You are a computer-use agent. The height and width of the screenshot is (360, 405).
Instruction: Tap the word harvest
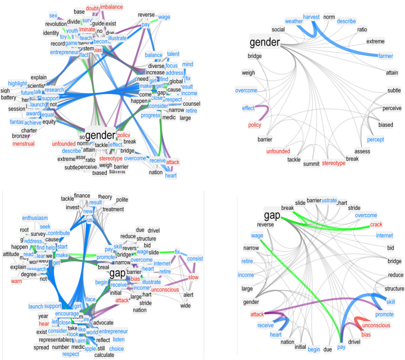point(311,17)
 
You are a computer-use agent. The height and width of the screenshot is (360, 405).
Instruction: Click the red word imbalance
point(111,7)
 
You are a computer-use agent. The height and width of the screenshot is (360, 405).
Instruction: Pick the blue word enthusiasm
point(35,218)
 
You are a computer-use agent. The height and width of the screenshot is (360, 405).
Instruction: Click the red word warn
point(16,280)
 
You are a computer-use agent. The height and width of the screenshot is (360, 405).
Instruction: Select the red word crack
point(376,225)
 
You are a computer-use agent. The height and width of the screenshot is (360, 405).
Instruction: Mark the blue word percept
point(375,140)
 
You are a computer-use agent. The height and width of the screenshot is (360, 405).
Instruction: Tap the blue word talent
point(173,54)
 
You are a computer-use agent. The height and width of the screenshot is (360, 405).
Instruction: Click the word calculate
point(104,355)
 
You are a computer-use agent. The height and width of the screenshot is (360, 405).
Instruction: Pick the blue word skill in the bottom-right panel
point(391,302)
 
